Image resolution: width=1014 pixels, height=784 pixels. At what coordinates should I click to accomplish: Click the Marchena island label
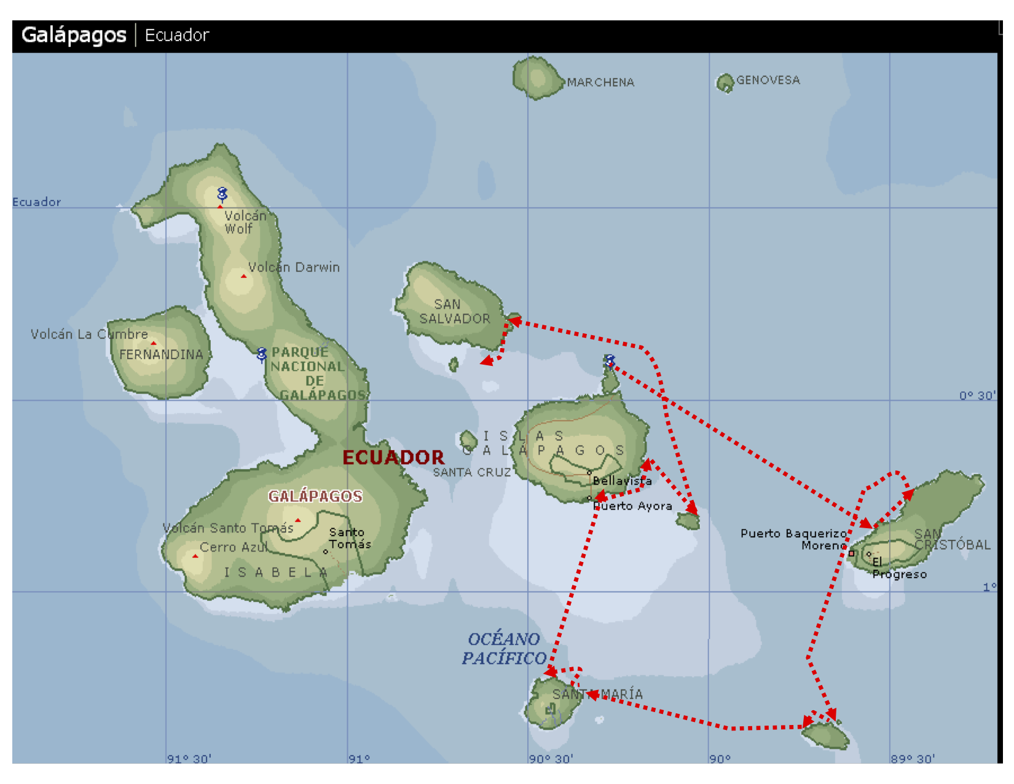(x=600, y=82)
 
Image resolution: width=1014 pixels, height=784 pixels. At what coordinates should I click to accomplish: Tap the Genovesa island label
(x=768, y=80)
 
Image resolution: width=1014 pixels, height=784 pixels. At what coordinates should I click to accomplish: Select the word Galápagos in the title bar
(x=74, y=35)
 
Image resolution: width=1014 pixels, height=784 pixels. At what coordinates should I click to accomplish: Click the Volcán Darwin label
(x=294, y=267)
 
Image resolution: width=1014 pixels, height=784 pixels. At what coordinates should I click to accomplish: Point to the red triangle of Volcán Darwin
(x=244, y=277)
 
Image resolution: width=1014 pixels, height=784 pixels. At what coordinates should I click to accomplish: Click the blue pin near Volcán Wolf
(x=222, y=195)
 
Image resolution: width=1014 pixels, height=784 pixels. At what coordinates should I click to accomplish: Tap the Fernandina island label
(x=161, y=355)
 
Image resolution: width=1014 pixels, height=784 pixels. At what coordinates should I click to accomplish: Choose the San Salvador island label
(x=455, y=312)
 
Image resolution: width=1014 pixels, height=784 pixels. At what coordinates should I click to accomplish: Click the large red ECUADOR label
(x=393, y=457)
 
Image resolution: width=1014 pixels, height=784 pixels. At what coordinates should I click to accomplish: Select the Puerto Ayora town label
(x=632, y=506)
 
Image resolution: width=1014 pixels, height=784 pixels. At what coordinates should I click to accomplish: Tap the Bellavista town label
(x=622, y=481)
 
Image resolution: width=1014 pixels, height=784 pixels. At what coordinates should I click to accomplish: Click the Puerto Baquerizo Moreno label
(x=793, y=539)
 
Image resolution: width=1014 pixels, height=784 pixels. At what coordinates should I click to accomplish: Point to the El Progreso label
(x=898, y=568)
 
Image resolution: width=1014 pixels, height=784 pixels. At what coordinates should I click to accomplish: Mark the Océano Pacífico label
(x=504, y=649)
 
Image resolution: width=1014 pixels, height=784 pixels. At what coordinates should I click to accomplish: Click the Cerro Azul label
(x=233, y=547)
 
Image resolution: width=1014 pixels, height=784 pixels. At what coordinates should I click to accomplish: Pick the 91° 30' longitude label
(x=189, y=759)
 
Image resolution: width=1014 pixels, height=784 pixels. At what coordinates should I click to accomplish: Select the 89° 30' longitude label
(x=913, y=759)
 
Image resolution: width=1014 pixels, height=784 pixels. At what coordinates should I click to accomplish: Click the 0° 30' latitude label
(x=977, y=395)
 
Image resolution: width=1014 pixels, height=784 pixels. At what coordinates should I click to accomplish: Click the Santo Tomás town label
(x=350, y=538)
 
